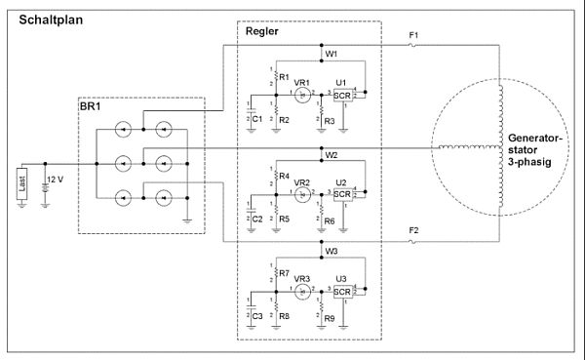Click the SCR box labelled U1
click(342, 95)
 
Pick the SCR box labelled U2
click(342, 194)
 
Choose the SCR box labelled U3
click(342, 292)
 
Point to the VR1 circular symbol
click(303, 95)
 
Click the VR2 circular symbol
click(303, 194)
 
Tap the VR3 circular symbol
click(303, 292)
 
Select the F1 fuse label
click(413, 36)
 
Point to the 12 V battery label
click(56, 180)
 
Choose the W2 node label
click(331, 154)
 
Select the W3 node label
click(331, 252)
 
